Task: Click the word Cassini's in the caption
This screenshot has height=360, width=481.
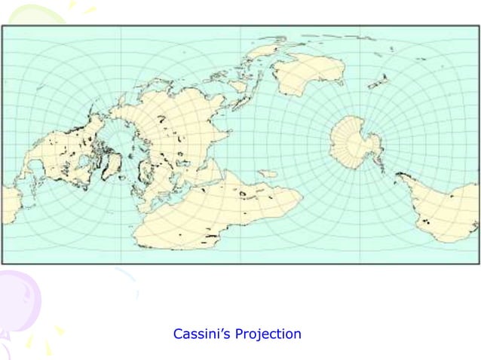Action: coord(198,334)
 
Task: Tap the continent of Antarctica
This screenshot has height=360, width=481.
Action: coord(354,143)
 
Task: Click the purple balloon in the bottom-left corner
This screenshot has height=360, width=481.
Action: coord(15,301)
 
